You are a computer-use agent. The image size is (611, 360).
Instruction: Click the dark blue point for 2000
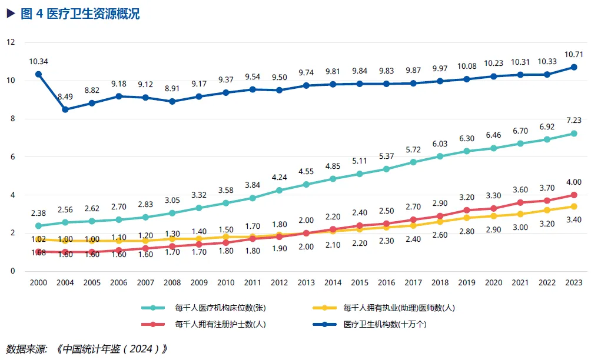click(x=38, y=74)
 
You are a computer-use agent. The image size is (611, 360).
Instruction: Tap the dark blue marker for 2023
click(x=574, y=67)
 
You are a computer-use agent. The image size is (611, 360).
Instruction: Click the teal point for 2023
click(x=574, y=134)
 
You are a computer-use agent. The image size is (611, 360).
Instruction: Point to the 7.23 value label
click(x=573, y=121)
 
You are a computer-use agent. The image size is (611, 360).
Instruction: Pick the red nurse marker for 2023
click(x=574, y=195)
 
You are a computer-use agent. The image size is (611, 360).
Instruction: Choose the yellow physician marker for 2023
click(x=574, y=206)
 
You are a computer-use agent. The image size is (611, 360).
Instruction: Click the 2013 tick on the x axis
click(x=305, y=282)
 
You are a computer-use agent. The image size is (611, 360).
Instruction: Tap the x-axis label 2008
click(x=172, y=282)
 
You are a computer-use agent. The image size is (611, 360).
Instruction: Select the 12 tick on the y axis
click(x=11, y=42)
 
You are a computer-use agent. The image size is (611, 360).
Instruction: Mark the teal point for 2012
click(x=279, y=191)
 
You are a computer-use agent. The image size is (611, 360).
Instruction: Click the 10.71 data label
click(x=573, y=54)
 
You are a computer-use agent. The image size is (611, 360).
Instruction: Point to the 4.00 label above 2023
click(x=573, y=182)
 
